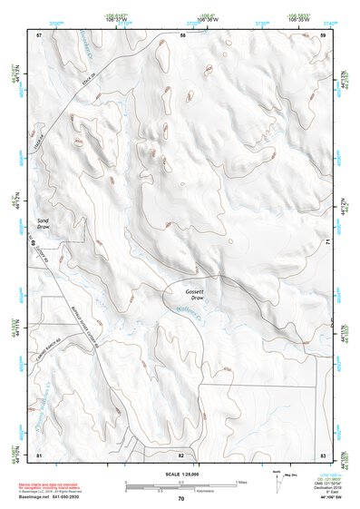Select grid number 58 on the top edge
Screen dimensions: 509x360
[x=182, y=34]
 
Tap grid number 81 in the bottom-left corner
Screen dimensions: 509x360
[x=39, y=455]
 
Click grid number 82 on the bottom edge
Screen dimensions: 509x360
[x=181, y=455]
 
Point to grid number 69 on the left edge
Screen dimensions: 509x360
[x=34, y=243]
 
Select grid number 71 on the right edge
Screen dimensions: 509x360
[x=326, y=243]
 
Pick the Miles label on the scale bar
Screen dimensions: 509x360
[x=241, y=481]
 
